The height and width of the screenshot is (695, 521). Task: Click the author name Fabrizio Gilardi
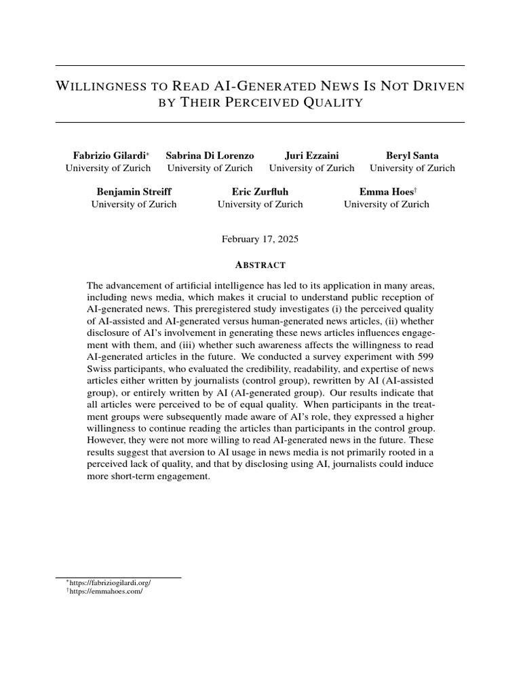pos(107,155)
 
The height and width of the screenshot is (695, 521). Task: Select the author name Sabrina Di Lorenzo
pos(210,155)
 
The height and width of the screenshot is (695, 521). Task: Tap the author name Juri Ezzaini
pos(311,155)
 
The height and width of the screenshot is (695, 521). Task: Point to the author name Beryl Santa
pos(412,155)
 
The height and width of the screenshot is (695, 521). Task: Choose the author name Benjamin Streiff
pos(134,192)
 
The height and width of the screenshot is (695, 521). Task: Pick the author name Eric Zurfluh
pos(260,192)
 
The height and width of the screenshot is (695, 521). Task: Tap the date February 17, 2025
pos(260,240)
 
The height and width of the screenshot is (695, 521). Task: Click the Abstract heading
pos(260,265)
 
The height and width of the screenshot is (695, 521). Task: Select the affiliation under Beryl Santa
pos(412,168)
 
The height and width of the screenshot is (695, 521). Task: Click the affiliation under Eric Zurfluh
pos(260,204)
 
